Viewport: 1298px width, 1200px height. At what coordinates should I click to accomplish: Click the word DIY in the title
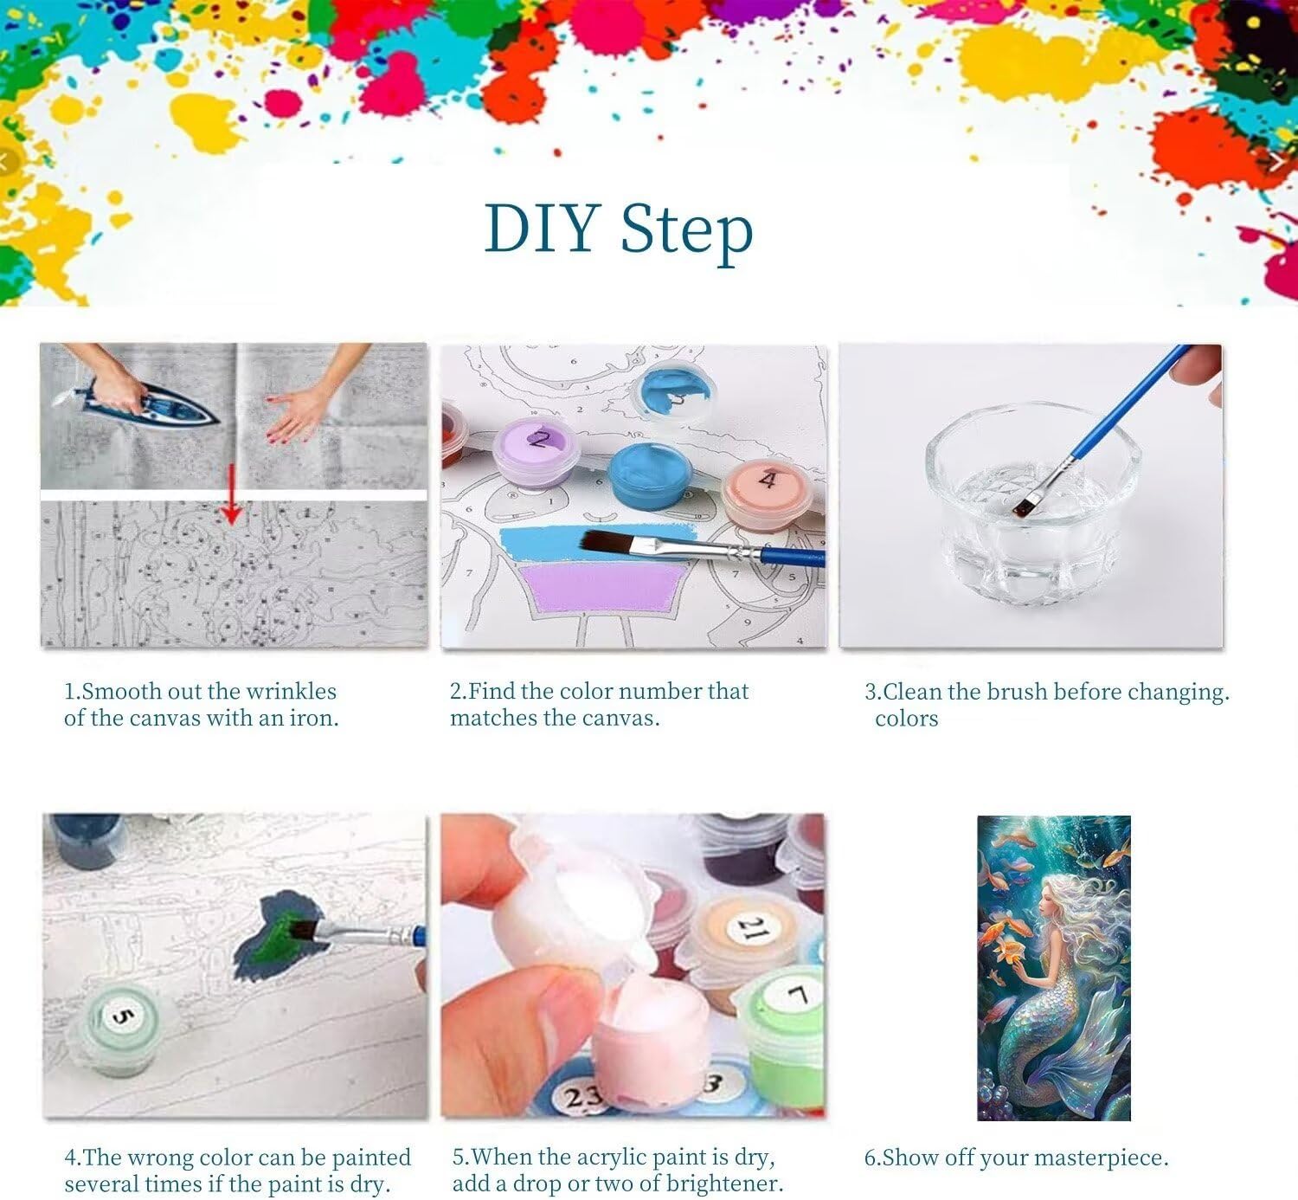[543, 229]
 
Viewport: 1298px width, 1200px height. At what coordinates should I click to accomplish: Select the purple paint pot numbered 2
[536, 450]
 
